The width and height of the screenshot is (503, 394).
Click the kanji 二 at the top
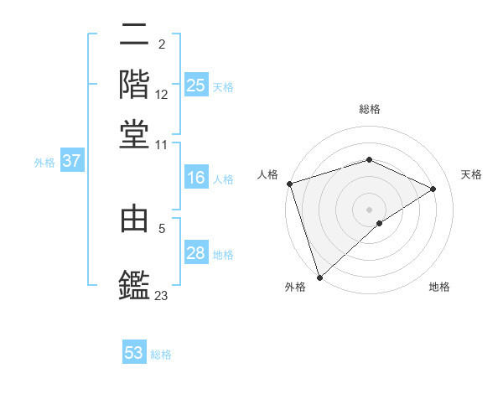click(x=134, y=36)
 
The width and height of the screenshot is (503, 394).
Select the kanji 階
click(x=134, y=83)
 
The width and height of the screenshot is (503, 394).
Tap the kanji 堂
click(x=134, y=132)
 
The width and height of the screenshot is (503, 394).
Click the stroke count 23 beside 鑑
click(x=162, y=295)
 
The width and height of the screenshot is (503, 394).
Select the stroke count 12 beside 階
click(x=162, y=96)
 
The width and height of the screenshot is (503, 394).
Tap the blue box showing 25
click(x=195, y=85)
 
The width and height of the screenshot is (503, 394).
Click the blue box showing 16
click(x=195, y=178)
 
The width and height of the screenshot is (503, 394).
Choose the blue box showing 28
click(x=195, y=253)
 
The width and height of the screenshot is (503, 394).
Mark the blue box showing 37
click(x=71, y=161)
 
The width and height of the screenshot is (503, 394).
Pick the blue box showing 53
click(x=134, y=353)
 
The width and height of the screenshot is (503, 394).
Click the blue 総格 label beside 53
click(x=161, y=355)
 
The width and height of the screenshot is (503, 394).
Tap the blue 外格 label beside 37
click(x=44, y=163)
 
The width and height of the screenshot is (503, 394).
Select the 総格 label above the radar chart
click(x=369, y=110)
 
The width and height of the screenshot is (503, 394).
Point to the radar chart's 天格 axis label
click(x=471, y=174)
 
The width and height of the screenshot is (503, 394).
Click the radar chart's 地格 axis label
click(x=439, y=287)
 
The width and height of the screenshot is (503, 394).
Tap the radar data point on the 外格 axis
click(x=319, y=277)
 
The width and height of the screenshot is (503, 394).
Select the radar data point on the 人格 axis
click(x=289, y=184)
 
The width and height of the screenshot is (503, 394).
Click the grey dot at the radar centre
click(x=369, y=209)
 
